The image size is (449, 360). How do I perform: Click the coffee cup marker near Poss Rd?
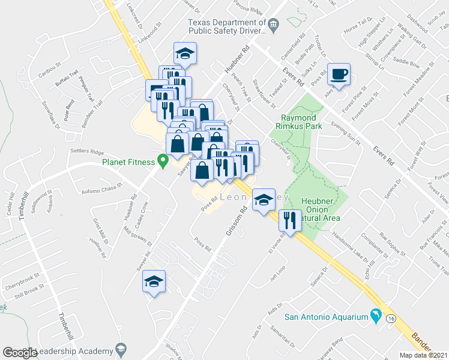[340, 74]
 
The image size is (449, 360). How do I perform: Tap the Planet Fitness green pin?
[161, 160]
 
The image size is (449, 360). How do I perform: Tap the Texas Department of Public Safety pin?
[274, 25]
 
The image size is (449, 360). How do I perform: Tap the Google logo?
[20, 352]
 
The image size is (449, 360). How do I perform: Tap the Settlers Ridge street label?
[87, 151]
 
